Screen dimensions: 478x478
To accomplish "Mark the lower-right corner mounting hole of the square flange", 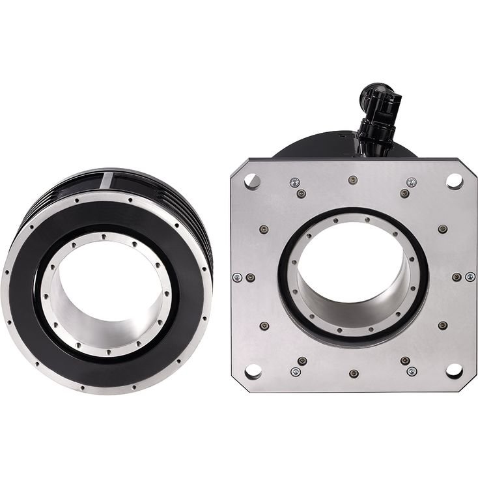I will coord(454,371).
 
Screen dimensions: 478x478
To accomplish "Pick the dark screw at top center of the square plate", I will coord(352,180).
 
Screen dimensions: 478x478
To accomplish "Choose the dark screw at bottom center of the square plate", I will coord(353,374).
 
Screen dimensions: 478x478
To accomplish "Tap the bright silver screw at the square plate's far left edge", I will coord(237,277).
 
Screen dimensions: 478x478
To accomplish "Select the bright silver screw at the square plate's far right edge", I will coord(470,277).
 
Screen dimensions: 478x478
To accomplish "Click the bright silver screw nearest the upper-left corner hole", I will coord(294,182).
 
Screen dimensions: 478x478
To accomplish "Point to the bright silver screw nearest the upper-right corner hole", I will coord(412,182).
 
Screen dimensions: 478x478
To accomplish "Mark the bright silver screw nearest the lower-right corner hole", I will coord(412,371).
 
